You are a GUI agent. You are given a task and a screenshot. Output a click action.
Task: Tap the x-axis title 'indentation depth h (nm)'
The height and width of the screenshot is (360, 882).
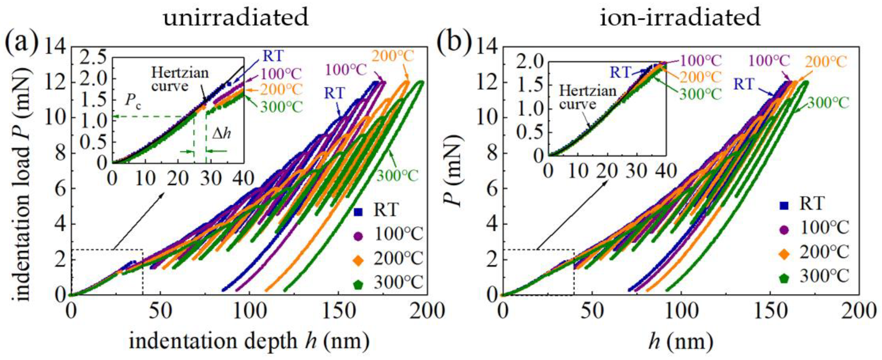pyautogui.click(x=249, y=342)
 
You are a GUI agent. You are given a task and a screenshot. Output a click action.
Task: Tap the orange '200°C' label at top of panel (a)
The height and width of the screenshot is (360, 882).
pyautogui.click(x=393, y=56)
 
